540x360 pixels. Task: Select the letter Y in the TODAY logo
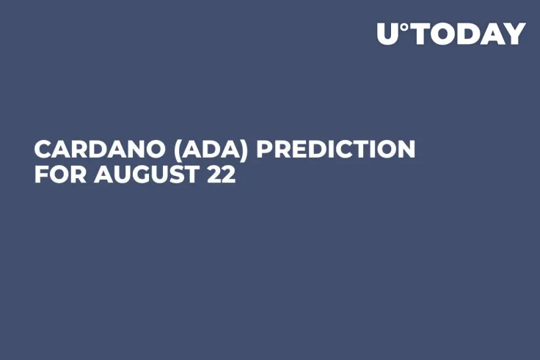coord(515,34)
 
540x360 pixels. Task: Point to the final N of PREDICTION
coord(406,149)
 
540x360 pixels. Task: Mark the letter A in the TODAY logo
coord(492,34)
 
